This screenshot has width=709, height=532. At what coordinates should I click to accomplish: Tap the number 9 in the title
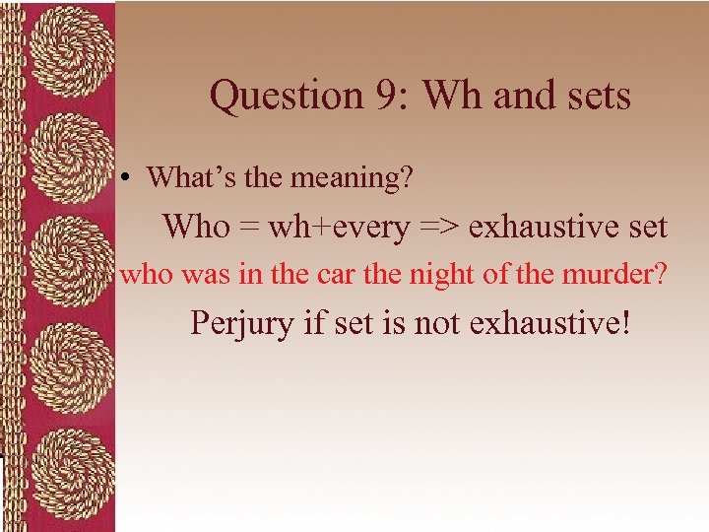pos(389,97)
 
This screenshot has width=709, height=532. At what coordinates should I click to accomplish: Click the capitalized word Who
pos(195,227)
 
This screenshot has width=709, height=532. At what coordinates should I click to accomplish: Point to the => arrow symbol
pos(439,228)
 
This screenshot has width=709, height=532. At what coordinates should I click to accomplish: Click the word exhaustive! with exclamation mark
pos(549,323)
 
